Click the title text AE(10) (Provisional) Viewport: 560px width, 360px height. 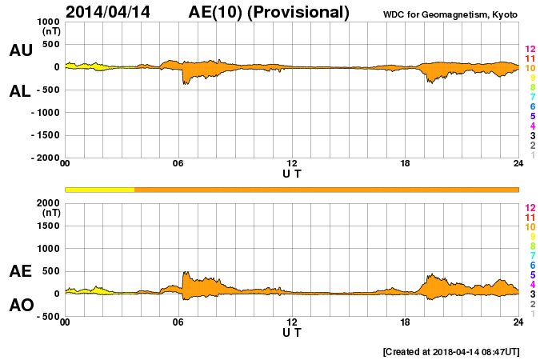pos(270,12)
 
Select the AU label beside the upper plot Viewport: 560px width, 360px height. pos(20,50)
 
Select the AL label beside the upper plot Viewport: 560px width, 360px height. pos(20,90)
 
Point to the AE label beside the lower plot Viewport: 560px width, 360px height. pos(20,271)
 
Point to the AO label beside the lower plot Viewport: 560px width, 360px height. pos(20,305)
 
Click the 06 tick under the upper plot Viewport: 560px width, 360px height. pos(178,164)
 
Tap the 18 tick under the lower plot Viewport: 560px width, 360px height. pos(406,322)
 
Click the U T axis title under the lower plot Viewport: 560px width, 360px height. pos(292,331)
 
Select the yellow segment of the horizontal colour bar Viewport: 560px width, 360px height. pos(99,189)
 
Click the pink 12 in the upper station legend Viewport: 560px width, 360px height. pos(530,49)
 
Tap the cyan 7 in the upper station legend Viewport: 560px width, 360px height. pos(532,97)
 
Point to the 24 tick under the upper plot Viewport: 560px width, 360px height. pos(518,164)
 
